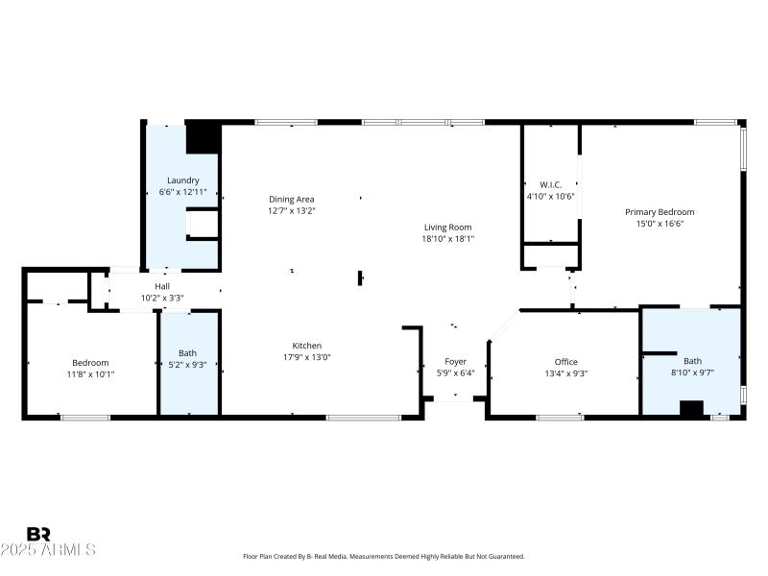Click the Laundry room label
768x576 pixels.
tap(182, 180)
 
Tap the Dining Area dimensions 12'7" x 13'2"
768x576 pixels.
tap(292, 211)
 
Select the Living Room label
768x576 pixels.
tap(448, 228)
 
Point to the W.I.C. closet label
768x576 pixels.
tap(550, 184)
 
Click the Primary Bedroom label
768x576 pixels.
tap(660, 212)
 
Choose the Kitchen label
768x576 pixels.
tap(307, 346)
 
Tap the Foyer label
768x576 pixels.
tap(455, 362)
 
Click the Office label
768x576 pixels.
tap(565, 362)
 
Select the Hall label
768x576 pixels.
tap(163, 286)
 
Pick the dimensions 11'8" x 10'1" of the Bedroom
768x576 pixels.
tap(90, 374)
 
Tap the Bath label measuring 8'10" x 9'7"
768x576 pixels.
tap(692, 361)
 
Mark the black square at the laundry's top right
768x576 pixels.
tap(203, 137)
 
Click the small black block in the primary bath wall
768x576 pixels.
tap(691, 409)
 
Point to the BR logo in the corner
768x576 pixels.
tap(38, 534)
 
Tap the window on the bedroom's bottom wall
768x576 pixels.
tap(84, 417)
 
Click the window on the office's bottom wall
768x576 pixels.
tap(560, 417)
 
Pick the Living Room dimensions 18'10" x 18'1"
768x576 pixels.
tap(448, 239)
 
